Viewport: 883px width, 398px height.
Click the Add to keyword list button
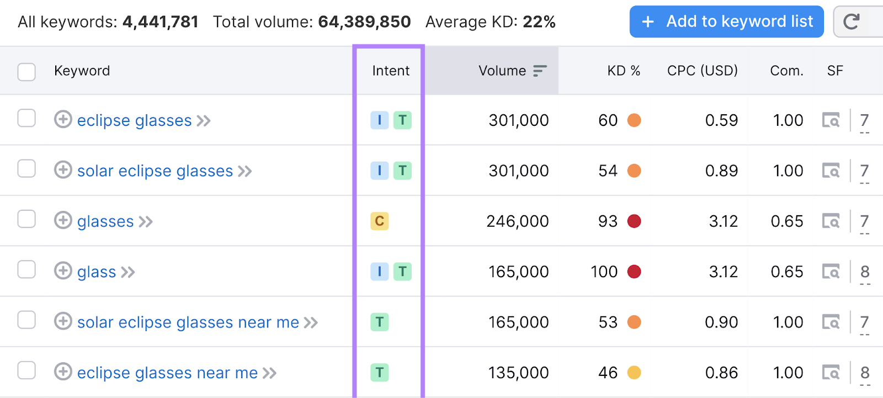(726, 22)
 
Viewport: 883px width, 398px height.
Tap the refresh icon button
(852, 22)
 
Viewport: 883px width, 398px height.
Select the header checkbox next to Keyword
(26, 72)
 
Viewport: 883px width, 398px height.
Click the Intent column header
(390, 71)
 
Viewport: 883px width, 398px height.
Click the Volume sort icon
(540, 71)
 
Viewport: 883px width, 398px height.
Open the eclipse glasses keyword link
(134, 120)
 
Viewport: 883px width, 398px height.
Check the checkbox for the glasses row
(26, 219)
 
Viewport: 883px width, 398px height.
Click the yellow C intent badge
(380, 221)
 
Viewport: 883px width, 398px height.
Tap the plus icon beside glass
(63, 271)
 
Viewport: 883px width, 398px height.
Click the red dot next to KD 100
(634, 272)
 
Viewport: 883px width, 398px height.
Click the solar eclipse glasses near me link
(188, 322)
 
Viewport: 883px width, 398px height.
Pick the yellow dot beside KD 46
(634, 373)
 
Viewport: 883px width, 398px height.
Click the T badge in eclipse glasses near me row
(380, 373)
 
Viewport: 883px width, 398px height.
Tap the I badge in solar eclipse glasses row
(379, 171)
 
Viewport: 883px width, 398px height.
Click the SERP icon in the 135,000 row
(831, 373)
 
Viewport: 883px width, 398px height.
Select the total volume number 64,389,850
(364, 22)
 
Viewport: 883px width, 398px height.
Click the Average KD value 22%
(539, 22)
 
